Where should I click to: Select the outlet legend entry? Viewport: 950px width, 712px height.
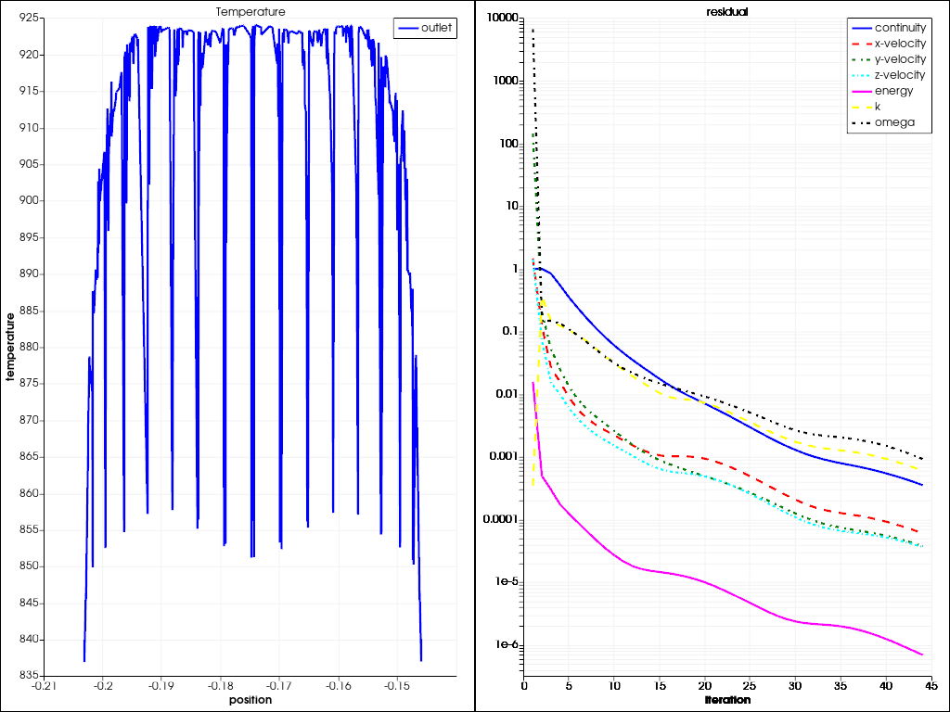coord(437,28)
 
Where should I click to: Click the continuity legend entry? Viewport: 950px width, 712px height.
coord(900,28)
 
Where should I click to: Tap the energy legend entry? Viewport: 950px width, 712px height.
coord(893,91)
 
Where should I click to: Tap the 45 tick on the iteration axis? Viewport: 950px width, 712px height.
coord(931,687)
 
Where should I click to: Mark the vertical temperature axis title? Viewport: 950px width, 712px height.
coord(11,348)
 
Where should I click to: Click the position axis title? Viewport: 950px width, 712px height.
coord(250,700)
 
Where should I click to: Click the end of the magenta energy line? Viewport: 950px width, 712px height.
coord(922,655)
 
